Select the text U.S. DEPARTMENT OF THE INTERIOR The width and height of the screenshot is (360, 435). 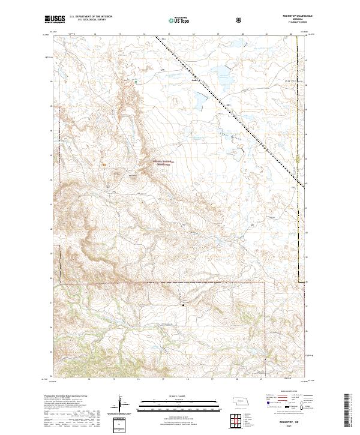coord(94,17)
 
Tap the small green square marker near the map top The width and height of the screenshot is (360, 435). coord(136,82)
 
